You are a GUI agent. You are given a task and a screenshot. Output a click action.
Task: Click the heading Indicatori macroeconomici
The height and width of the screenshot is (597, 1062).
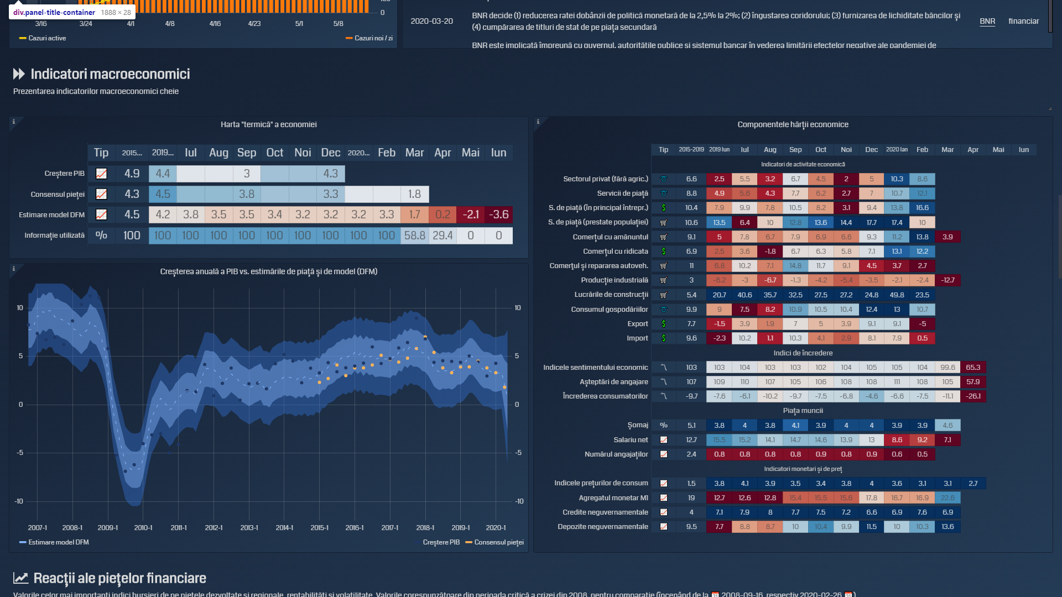[x=110, y=74]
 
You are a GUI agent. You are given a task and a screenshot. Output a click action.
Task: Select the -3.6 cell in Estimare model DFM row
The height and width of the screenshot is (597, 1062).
[x=498, y=214]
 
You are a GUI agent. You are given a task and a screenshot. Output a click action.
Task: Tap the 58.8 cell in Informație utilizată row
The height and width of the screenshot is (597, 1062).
[x=414, y=235]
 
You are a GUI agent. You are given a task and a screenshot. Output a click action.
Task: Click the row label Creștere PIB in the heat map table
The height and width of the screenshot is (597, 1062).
[x=64, y=174]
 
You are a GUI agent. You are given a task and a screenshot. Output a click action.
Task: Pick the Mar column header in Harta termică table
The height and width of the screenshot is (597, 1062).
[x=414, y=153]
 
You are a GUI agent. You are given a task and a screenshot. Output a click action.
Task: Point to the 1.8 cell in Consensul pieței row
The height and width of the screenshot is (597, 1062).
[x=414, y=194]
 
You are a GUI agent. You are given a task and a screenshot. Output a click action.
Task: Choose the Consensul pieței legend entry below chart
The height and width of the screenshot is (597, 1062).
[x=498, y=542]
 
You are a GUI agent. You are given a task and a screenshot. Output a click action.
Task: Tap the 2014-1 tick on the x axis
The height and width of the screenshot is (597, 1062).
[x=284, y=528]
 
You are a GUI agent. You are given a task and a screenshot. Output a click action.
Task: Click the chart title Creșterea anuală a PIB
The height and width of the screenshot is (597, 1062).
[x=269, y=271]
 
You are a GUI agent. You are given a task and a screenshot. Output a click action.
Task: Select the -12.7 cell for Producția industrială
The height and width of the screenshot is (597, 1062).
[x=948, y=280]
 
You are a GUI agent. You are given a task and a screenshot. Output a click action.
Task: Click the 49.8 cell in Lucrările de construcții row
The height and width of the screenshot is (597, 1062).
[x=897, y=295]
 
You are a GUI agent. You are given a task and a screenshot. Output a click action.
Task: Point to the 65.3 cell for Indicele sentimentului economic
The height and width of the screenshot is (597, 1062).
[x=973, y=368]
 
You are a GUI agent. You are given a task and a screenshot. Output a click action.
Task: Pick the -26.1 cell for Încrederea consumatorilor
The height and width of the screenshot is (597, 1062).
[x=973, y=396]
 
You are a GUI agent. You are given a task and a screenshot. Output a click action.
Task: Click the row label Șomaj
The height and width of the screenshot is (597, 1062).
[x=637, y=425]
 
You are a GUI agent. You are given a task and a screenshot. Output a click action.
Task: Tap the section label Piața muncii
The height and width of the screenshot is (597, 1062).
[x=803, y=411]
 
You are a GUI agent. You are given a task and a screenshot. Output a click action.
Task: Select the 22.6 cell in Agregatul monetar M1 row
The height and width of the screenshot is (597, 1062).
[x=948, y=498]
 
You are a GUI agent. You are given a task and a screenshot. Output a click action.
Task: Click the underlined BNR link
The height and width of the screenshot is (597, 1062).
[x=987, y=21]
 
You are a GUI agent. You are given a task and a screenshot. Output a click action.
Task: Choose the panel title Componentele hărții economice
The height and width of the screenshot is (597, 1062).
[x=793, y=124]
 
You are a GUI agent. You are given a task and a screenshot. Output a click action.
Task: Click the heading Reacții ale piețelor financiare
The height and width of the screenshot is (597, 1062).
[x=119, y=578]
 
